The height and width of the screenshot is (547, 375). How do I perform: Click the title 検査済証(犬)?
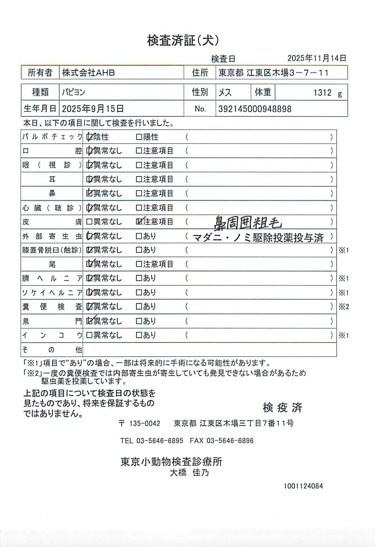pos(183,40)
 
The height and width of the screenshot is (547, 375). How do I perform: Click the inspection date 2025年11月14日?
pos(317,58)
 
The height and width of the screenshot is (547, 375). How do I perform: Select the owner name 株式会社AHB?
pos(88,73)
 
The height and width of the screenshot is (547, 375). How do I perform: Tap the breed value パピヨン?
pos(74,92)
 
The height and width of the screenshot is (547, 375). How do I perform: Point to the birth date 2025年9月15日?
pos(92,109)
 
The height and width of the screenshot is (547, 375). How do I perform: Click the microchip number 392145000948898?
pos(255,109)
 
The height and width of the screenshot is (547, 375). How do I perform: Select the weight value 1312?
pos(322,93)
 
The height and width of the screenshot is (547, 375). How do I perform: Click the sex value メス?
pos(225,92)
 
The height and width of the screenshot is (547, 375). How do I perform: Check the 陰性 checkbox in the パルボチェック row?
pos(89,137)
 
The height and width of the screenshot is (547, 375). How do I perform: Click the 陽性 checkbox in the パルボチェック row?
pos(139,137)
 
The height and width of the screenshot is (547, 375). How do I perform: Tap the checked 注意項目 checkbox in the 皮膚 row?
pos(139,222)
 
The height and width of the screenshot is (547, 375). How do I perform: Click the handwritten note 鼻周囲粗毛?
pos(248,223)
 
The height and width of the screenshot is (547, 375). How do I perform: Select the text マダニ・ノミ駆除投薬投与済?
pos(258,238)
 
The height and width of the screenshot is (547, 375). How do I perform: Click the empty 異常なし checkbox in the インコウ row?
pos(89,335)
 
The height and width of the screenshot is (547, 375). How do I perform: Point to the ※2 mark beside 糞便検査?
pos(343,307)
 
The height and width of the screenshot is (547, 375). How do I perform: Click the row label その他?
pos(52,350)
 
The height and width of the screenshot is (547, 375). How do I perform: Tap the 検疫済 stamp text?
pos(282,407)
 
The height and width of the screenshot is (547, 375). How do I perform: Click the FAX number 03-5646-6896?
pos(230,441)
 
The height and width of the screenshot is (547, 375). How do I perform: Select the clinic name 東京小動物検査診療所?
pos(171,462)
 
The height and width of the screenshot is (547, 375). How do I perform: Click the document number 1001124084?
pos(303,486)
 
